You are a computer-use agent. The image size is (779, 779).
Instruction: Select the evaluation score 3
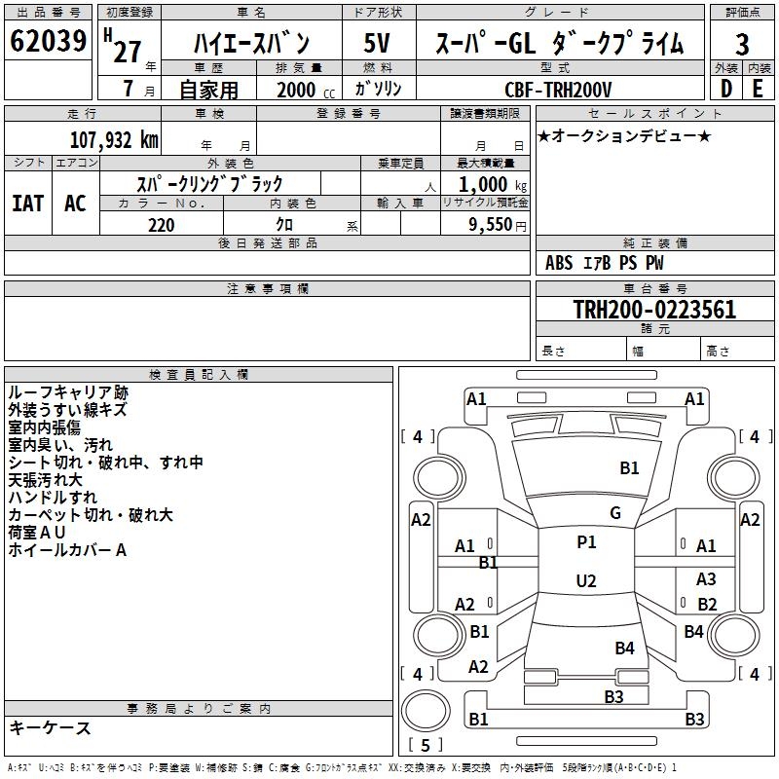tap(742, 45)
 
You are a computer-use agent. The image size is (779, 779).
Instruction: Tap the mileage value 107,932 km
tap(115, 139)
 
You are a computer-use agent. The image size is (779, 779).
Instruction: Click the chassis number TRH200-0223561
tap(654, 310)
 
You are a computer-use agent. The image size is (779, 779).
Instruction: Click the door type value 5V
tap(377, 44)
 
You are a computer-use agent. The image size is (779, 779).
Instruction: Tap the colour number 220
tap(162, 225)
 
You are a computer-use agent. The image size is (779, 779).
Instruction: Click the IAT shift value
tap(27, 204)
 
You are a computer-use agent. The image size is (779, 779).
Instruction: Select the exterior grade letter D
tap(725, 89)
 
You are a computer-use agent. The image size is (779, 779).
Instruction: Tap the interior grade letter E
tap(758, 89)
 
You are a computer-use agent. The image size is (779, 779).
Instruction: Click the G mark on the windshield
tap(614, 513)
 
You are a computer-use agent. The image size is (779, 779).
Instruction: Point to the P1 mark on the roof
tap(586, 542)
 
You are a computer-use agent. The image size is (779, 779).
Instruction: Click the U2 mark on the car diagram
tap(586, 581)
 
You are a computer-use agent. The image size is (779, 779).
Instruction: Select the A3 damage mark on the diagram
tap(707, 579)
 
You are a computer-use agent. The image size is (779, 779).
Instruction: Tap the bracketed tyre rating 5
tap(425, 746)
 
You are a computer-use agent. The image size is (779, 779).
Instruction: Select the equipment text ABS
tap(559, 263)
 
